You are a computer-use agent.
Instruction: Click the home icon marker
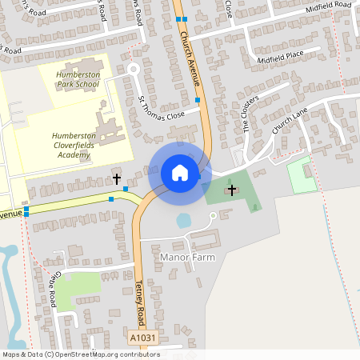point(180,172)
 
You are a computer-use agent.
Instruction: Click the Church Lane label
point(290,121)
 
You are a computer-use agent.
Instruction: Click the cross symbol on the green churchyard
point(232,190)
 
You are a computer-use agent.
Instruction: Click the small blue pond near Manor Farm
point(184,220)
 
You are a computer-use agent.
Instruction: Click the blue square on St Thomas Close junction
point(198,100)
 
